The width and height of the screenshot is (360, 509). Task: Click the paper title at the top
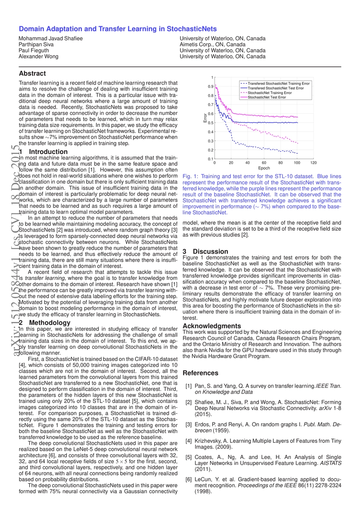click(118, 29)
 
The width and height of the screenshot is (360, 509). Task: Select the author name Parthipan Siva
click(36, 45)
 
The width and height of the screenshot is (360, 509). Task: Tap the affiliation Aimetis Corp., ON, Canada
click(213, 45)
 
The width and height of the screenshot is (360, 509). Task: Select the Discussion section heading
click(205, 252)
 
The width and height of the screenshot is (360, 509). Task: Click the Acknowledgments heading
click(211, 326)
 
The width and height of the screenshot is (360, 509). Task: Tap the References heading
click(200, 373)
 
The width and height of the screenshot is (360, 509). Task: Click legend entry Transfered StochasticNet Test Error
click(276, 88)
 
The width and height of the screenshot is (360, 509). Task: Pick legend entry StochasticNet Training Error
click(270, 92)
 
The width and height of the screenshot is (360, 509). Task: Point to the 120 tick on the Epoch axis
click(313, 163)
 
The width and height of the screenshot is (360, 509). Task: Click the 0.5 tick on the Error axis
click(211, 123)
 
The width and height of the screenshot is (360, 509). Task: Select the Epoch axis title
click(264, 168)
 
